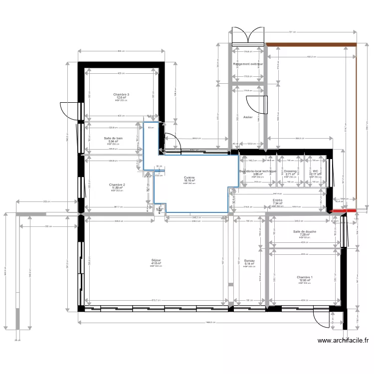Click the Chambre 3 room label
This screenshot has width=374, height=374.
coord(121,94)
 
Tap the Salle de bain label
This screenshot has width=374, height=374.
coord(113,138)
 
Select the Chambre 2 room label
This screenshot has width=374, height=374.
coord(117,185)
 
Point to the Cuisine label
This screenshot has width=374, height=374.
coord(189,178)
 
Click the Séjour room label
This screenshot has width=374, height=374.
coord(156,260)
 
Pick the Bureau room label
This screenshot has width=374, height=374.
coord(249,261)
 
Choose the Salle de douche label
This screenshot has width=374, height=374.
coord(305,231)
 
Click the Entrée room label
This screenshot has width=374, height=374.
coord(278,200)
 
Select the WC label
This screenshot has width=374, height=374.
coord(315,171)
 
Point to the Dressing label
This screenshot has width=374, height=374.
coord(290,171)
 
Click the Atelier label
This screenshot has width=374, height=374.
coord(248,118)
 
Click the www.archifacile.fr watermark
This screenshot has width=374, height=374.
coord(343,341)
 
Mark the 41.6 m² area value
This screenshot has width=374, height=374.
coord(156,263)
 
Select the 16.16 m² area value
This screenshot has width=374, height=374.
coord(189,181)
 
